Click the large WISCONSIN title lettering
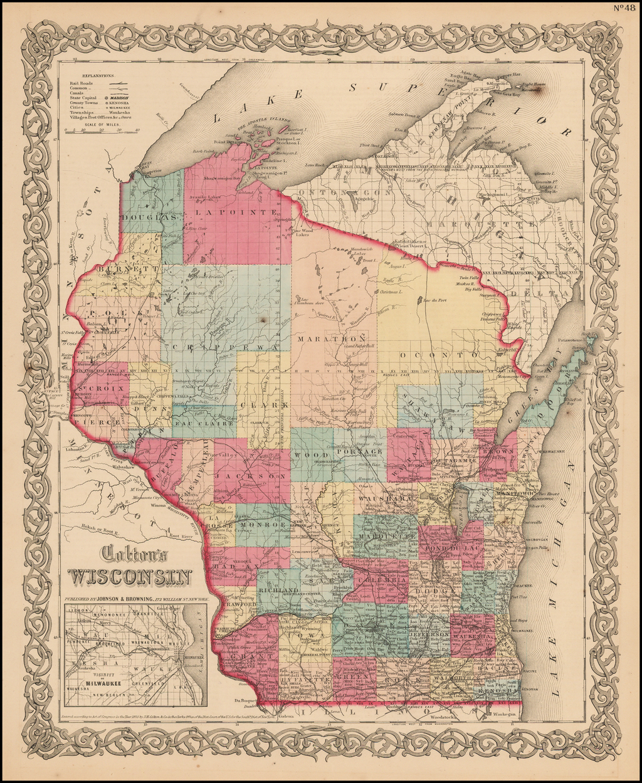pyautogui.click(x=130, y=576)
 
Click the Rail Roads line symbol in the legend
pyautogui.click(x=118, y=82)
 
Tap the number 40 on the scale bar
pyautogui.click(x=137, y=130)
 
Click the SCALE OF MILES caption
pyautogui.click(x=102, y=123)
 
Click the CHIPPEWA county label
pyautogui.click(x=225, y=347)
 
